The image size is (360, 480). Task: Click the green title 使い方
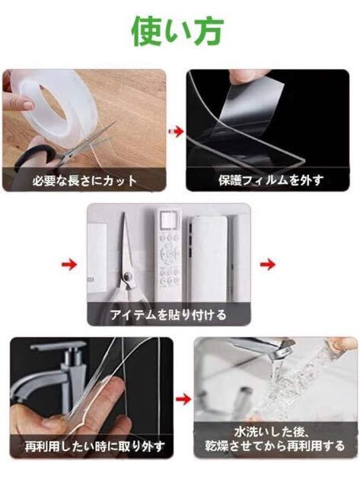click(177, 31)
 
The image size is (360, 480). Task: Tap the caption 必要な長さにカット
click(85, 180)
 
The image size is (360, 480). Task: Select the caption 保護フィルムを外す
click(271, 180)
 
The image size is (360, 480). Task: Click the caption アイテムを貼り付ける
click(168, 314)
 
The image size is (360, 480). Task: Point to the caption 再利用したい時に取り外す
click(94, 447)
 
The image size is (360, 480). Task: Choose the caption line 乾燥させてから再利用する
click(275, 446)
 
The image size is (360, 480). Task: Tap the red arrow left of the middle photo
click(69, 264)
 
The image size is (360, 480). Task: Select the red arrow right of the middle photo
click(268, 264)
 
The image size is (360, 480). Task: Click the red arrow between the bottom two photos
click(183, 399)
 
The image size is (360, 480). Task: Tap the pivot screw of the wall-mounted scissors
click(127, 278)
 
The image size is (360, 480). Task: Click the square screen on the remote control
click(168, 220)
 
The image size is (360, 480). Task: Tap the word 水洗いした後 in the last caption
click(271, 432)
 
